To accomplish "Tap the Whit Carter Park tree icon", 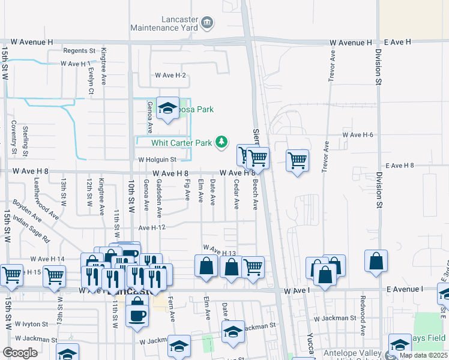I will [x=223, y=142].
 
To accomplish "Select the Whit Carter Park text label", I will [x=182, y=143].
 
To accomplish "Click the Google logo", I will [x=20, y=353].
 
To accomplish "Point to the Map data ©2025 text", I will [x=423, y=355].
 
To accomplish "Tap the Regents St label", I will [x=79, y=51].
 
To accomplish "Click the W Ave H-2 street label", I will [x=170, y=76].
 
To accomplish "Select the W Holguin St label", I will [x=156, y=160].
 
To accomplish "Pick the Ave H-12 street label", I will [x=152, y=228].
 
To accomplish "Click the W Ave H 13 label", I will [x=220, y=250].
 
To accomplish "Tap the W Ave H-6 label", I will [x=358, y=135].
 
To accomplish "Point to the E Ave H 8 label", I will [x=400, y=165].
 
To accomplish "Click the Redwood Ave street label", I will [x=362, y=310].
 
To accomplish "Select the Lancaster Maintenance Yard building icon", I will [x=207, y=23].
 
